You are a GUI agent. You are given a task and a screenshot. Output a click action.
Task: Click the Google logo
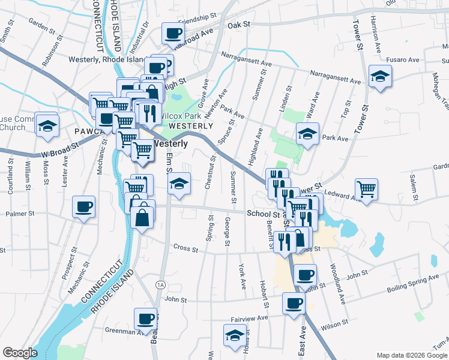point(20,353)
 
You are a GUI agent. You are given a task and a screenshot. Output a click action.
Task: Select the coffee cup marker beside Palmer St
point(84,207)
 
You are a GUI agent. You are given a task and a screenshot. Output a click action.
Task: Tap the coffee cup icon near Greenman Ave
point(145,319)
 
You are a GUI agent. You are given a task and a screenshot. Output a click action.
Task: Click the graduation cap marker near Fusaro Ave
point(380,76)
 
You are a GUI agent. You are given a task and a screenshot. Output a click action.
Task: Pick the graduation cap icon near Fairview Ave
point(235,335)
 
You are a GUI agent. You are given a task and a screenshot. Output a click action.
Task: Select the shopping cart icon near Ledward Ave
point(366,190)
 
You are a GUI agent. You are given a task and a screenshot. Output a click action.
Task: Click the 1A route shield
point(160,284)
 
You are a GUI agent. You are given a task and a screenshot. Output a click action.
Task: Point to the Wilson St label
point(334,328)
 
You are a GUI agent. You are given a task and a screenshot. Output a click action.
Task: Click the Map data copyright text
point(411,355)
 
